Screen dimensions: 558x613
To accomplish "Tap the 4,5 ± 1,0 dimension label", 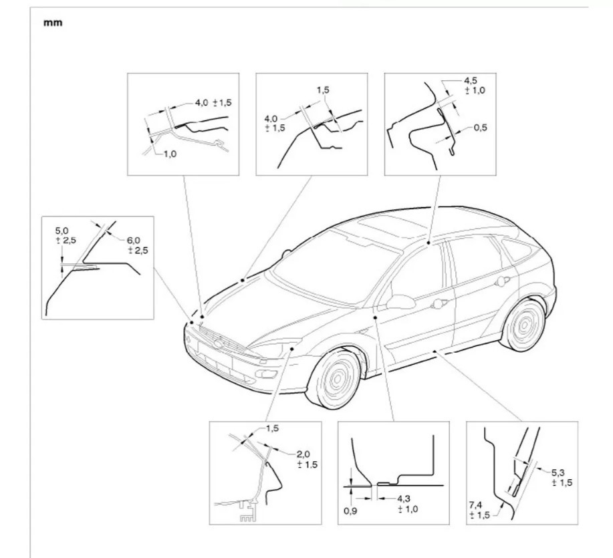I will click(472, 86).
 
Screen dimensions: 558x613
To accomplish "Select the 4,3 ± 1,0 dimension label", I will click(408, 503).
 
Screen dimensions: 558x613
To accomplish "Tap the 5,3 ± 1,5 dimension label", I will click(562, 478).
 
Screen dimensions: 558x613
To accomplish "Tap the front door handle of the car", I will click(439, 304).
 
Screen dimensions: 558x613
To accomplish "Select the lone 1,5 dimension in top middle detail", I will click(322, 89).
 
